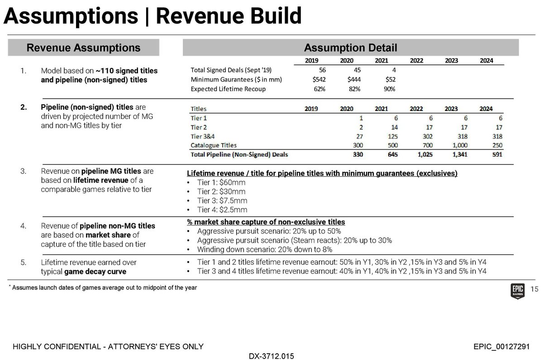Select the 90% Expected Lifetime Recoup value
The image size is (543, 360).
[x=389, y=89]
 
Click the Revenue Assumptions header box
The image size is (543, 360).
[x=84, y=48]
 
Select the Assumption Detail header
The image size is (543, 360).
[x=350, y=48]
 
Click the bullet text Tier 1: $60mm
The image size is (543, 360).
[x=222, y=182]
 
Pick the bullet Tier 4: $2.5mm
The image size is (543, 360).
[x=223, y=210]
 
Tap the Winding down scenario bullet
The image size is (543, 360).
[x=265, y=250]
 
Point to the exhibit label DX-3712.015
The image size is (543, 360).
[x=271, y=356]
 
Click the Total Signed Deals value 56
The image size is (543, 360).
[x=322, y=70]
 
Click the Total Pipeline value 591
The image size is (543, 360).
[x=495, y=154]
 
